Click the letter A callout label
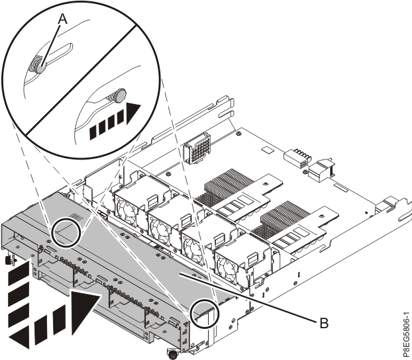point(64,21)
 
